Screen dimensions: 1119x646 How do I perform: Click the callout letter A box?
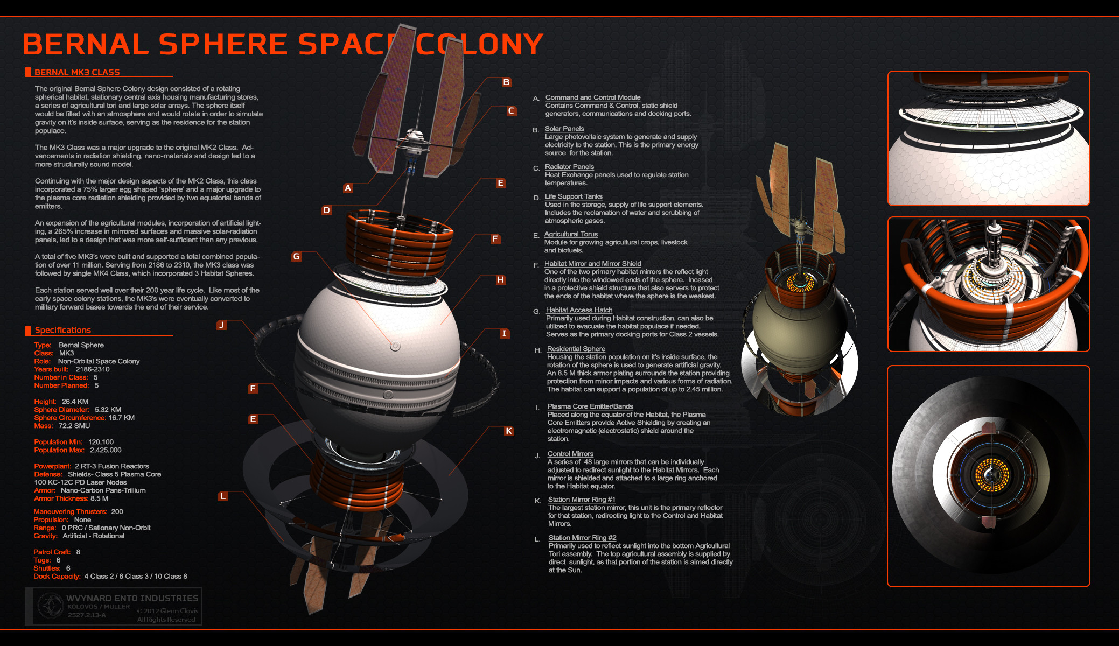point(348,188)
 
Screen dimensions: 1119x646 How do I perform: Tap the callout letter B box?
point(506,82)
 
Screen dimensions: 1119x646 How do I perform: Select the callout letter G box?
point(296,257)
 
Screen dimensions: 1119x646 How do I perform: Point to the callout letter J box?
point(221,325)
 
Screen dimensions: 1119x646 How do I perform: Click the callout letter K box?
point(509,431)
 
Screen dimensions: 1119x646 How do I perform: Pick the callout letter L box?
point(223,496)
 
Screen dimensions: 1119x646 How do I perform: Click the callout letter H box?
point(501,279)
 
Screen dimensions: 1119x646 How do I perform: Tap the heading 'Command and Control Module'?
point(593,97)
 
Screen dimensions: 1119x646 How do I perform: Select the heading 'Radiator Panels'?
point(569,167)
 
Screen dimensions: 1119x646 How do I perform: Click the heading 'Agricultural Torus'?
point(571,234)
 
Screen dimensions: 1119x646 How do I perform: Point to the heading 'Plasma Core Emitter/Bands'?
point(590,406)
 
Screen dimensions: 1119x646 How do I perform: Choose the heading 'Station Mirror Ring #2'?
point(582,538)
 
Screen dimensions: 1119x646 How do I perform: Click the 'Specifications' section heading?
point(63,330)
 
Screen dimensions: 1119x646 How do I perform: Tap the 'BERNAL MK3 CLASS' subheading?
point(77,72)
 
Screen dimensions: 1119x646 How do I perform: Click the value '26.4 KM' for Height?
point(75,402)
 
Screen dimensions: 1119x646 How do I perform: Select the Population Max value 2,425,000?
point(106,450)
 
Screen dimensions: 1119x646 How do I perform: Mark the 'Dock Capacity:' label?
point(57,576)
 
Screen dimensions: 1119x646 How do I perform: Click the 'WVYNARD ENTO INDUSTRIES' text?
point(132,598)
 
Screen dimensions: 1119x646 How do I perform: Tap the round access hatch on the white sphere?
point(395,346)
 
